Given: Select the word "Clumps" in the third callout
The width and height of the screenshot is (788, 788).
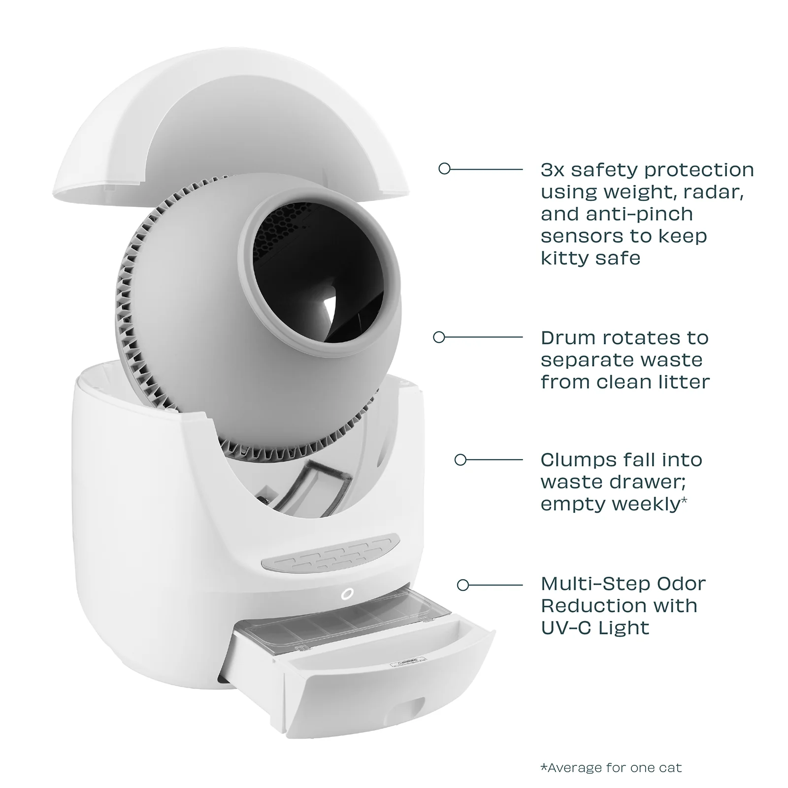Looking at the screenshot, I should (x=577, y=460).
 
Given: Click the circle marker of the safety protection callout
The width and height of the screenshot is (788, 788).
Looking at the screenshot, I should (x=444, y=169).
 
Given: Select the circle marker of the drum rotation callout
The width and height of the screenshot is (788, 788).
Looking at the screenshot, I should (x=439, y=337).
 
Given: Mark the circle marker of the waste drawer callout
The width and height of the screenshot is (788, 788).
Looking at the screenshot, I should (x=460, y=460).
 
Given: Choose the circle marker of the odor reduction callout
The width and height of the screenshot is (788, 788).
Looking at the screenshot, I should (x=463, y=585).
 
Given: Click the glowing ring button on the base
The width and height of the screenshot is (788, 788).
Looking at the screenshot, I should (x=347, y=594).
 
